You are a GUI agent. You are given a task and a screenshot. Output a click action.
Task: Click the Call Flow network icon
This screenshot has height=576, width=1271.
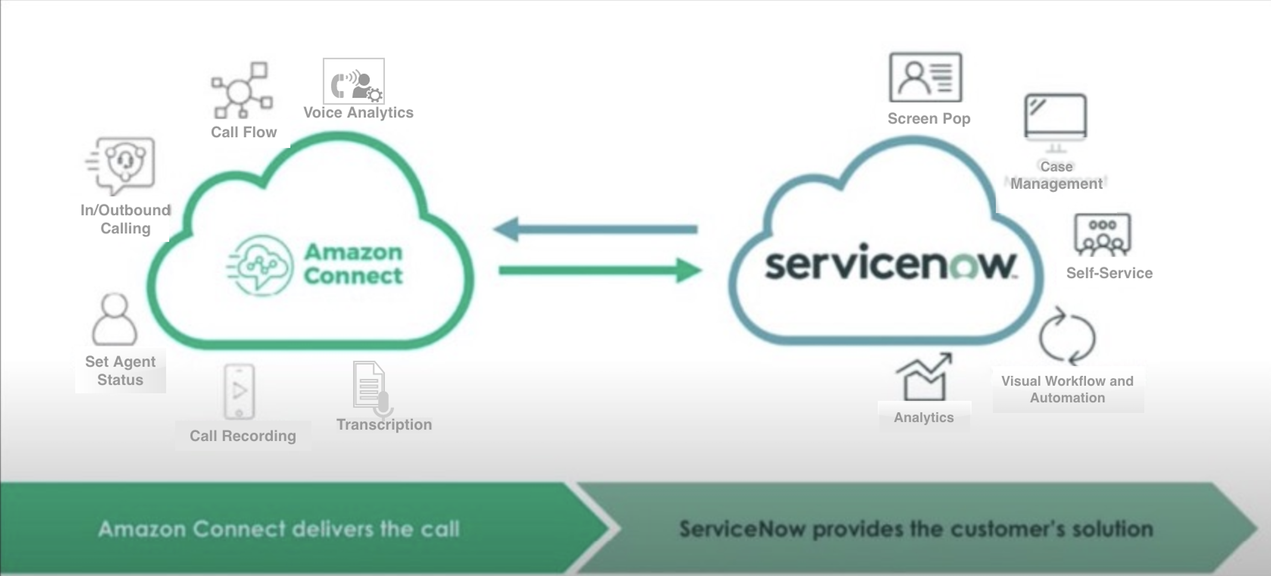[x=241, y=91]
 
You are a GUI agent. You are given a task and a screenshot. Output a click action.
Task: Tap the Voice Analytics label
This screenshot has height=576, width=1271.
[x=358, y=113]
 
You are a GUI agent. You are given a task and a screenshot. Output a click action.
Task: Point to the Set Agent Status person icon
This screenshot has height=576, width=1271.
[x=115, y=319]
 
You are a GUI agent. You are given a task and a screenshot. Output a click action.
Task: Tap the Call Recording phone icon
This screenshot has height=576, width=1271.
[x=240, y=392]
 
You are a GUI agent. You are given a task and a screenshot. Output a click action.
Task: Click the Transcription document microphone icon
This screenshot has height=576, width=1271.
[x=371, y=387]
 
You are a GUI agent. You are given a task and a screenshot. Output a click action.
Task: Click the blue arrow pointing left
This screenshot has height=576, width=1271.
[x=595, y=229]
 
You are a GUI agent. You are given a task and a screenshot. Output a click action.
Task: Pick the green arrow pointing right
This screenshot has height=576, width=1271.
[x=600, y=270]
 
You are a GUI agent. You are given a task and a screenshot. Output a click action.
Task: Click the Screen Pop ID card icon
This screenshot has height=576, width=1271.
[x=925, y=78]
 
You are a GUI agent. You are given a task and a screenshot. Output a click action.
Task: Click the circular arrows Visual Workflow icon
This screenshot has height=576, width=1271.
[x=1067, y=337]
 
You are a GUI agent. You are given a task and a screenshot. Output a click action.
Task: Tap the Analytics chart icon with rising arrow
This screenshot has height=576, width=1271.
[x=924, y=377]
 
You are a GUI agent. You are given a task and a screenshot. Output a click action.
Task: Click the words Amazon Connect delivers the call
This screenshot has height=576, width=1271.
[x=279, y=529]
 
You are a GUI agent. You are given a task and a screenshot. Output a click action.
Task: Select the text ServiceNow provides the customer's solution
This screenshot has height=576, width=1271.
[x=916, y=529]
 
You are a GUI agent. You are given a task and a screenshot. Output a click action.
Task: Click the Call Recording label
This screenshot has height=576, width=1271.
[x=243, y=436]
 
